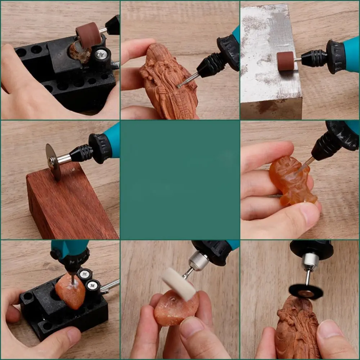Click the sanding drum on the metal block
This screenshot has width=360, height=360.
point(285,61)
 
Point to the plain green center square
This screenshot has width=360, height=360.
point(180,180)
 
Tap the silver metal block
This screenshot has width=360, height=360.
point(270,61)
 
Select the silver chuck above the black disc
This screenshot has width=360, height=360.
point(310,261)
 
